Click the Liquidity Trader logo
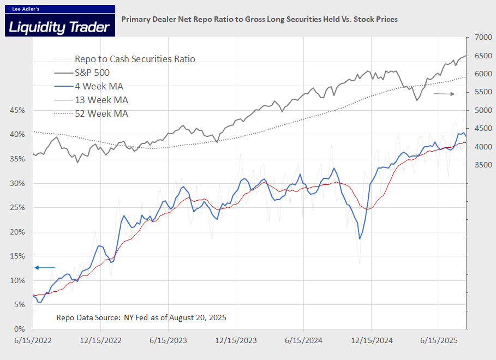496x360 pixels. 60,21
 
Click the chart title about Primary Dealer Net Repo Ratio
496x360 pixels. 259,19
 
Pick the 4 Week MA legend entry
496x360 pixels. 99,86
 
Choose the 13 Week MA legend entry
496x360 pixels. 101,100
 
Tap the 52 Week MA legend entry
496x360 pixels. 101,113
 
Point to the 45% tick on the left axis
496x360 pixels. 16,110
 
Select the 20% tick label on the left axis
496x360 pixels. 16,232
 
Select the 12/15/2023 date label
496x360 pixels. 236,340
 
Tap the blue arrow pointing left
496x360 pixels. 45,267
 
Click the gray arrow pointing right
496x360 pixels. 444,94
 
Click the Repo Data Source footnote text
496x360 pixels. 141,317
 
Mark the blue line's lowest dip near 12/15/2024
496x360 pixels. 360,238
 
